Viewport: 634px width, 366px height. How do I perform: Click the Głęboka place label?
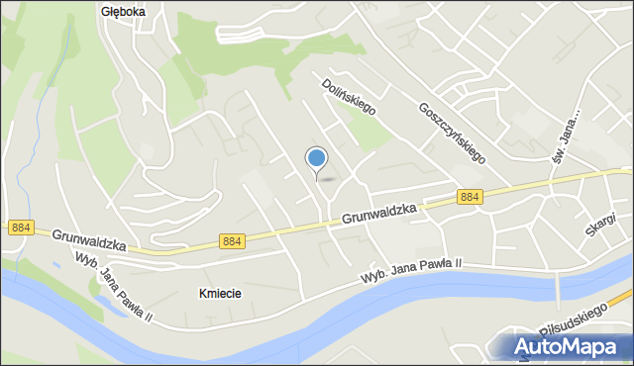pyautogui.click(x=124, y=12)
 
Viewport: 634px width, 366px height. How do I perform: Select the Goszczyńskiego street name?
pyautogui.click(x=451, y=132)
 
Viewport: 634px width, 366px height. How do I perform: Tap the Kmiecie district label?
pyautogui.click(x=220, y=294)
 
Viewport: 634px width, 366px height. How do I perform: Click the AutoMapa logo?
pyautogui.click(x=568, y=347)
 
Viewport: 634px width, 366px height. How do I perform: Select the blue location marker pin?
pyautogui.click(x=317, y=159)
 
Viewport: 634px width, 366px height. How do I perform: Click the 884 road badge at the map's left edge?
pyautogui.click(x=21, y=228)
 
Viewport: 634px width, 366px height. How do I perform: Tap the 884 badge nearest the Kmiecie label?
pyautogui.click(x=231, y=241)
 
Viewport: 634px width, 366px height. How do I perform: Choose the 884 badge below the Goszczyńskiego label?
pyautogui.click(x=471, y=197)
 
